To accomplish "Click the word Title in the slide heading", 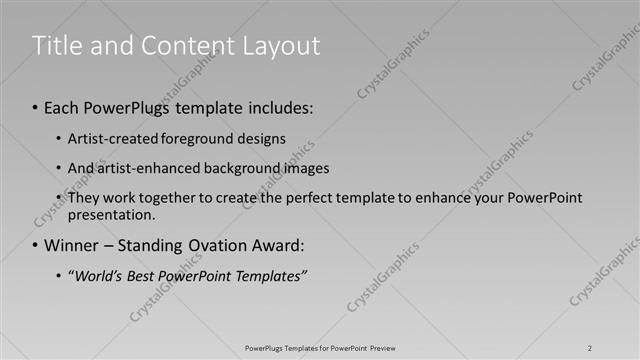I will [58, 45].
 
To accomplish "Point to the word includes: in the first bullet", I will [279, 107].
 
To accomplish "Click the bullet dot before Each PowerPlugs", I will [36, 107].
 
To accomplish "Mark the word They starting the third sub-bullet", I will [84, 198].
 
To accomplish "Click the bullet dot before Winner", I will [36, 245].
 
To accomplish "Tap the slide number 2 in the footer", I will [590, 348].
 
